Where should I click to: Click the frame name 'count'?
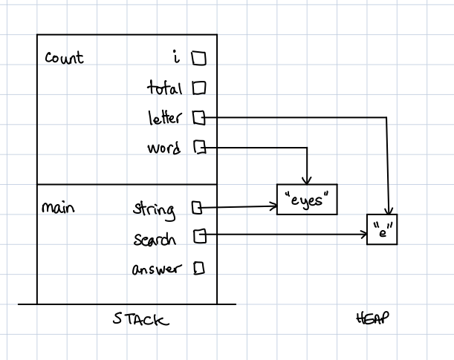tap(64, 58)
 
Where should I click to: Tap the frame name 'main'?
tap(58, 209)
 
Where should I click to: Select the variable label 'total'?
tap(164, 88)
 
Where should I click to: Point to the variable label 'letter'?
tap(165, 118)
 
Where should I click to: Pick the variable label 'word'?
tap(163, 148)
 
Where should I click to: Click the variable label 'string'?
tap(155, 209)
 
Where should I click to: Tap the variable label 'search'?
tap(155, 239)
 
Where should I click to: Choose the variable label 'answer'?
tap(156, 269)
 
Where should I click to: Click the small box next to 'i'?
tap(198, 57)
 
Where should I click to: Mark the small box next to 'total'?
tap(198, 88)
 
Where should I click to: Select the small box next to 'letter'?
tap(198, 117)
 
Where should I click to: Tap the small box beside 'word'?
tap(198, 148)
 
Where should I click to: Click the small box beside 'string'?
tap(198, 209)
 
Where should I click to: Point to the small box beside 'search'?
tap(198, 236)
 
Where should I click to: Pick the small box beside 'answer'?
tap(198, 268)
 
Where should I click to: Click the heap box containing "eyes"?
tap(307, 199)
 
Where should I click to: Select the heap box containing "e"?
tap(383, 231)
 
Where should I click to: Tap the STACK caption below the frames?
tap(140, 320)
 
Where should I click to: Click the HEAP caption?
tap(374, 318)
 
